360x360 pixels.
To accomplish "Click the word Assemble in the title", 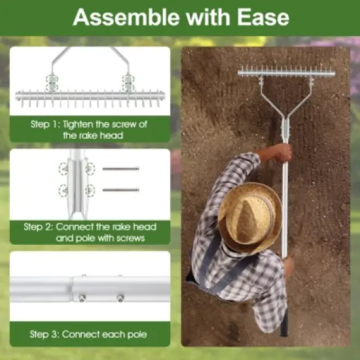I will (115, 16).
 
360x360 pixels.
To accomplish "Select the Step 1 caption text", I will (90, 130).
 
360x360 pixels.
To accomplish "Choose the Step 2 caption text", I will (90, 232).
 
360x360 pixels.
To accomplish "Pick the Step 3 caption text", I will (90, 334).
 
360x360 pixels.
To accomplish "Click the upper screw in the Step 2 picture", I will (120, 169).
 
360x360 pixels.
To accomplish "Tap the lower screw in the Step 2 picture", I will (120, 190).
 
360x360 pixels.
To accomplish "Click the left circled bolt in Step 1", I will (51, 81).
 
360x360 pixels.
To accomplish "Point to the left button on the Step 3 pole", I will (81, 297).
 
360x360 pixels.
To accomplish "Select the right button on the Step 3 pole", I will (121, 297).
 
